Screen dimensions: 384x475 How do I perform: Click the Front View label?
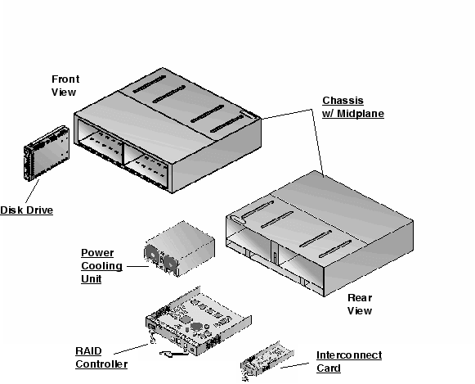click(65, 85)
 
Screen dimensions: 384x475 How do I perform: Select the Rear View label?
click(360, 304)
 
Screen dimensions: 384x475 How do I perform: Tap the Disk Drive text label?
click(27, 210)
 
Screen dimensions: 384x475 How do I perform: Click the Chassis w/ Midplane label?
click(352, 107)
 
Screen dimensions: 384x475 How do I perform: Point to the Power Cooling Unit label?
click(101, 265)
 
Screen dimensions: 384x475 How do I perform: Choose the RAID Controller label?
click(101, 357)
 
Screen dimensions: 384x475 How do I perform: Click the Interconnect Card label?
click(349, 361)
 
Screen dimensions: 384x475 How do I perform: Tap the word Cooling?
click(101, 265)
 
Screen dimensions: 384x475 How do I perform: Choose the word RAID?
click(88, 350)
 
